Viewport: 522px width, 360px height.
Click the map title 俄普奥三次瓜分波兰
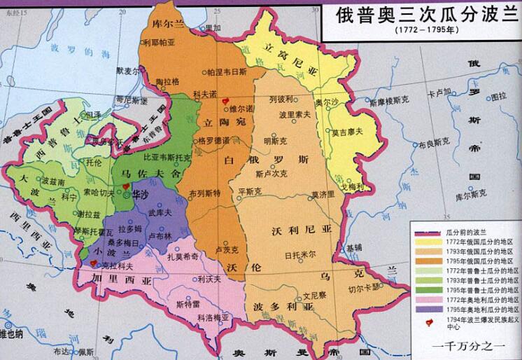click(419, 15)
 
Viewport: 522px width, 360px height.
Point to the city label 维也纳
click(12, 334)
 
